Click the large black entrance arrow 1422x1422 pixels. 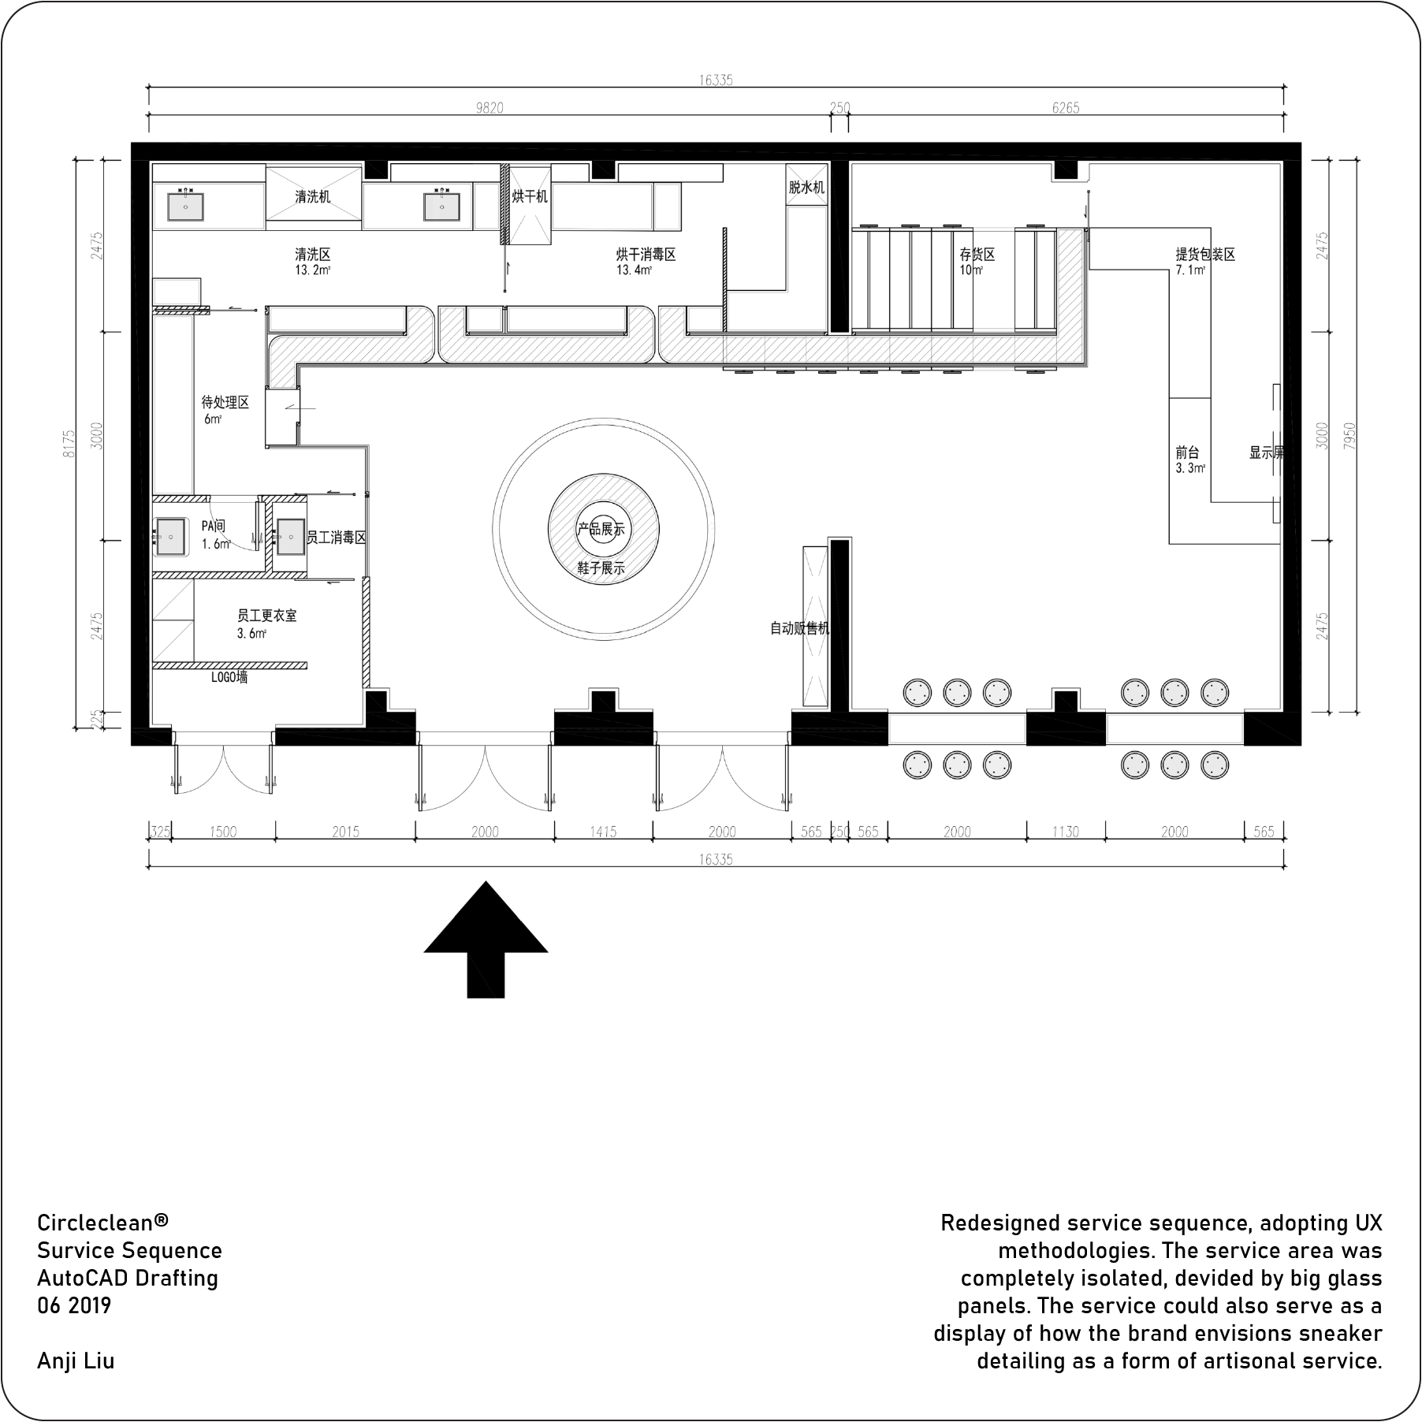click(x=486, y=939)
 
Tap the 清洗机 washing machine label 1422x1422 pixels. click(x=313, y=197)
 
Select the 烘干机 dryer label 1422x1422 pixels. click(x=530, y=196)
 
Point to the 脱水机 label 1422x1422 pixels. click(x=806, y=188)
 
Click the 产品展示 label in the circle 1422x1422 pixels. click(x=601, y=529)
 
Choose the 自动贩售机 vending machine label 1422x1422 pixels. click(x=800, y=628)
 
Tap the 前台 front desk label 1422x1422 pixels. click(x=1187, y=452)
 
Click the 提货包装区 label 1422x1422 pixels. click(x=1205, y=255)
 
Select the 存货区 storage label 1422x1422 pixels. click(x=977, y=255)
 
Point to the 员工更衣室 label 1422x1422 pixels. click(x=267, y=615)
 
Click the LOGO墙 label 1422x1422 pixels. click(x=229, y=677)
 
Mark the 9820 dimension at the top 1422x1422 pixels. click(x=490, y=108)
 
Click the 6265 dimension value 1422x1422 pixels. click(x=1066, y=108)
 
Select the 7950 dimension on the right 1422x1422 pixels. click(x=1349, y=436)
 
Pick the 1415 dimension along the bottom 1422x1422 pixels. click(x=603, y=832)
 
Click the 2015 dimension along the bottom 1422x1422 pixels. click(x=345, y=832)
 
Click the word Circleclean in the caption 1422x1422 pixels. click(x=95, y=1223)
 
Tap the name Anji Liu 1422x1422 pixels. click(x=76, y=1361)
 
